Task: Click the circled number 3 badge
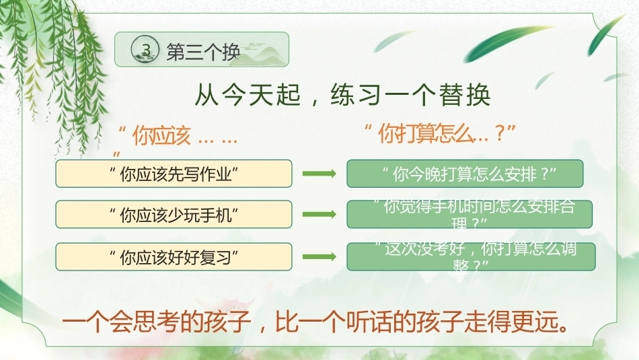click(x=145, y=49)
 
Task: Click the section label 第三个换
click(x=203, y=52)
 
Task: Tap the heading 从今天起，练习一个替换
click(x=342, y=96)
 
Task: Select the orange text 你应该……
click(x=178, y=135)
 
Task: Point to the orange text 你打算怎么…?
click(x=440, y=134)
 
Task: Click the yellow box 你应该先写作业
click(x=174, y=174)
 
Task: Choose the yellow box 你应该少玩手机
click(x=174, y=215)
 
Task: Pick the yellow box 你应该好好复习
click(x=174, y=257)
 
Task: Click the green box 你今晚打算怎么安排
click(x=465, y=174)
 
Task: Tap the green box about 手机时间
click(x=469, y=215)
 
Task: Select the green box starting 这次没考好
click(x=471, y=257)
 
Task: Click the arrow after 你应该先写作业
click(x=319, y=174)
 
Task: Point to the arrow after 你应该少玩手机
click(x=319, y=215)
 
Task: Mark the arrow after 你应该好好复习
click(x=319, y=257)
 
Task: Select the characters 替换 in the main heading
click(x=465, y=96)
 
